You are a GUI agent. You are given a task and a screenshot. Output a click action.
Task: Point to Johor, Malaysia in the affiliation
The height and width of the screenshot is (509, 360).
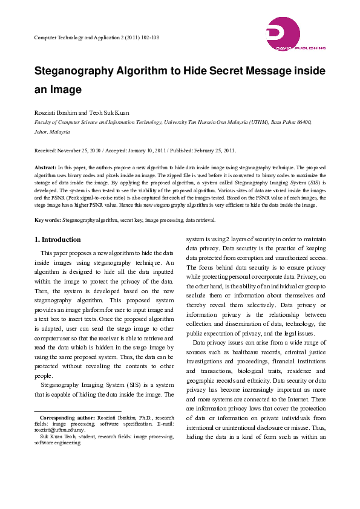click(52, 131)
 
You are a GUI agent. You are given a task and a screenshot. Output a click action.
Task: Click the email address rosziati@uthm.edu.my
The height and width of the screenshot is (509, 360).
click(61, 430)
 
